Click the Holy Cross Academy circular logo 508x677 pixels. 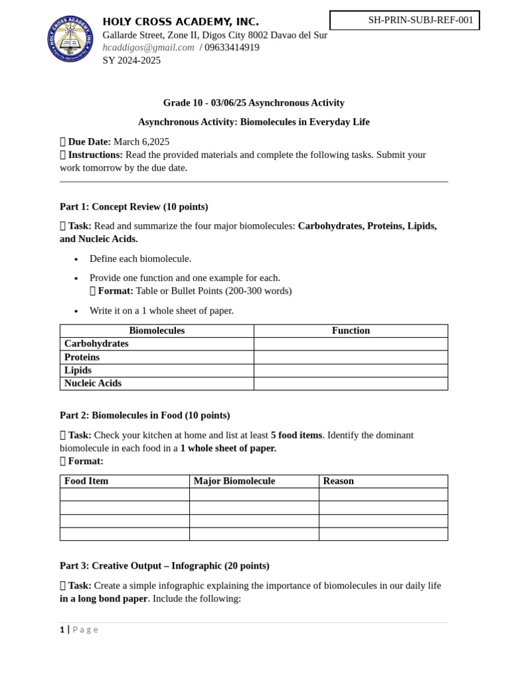pyautogui.click(x=70, y=39)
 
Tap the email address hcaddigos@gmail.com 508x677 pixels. pyautogui.click(x=148, y=48)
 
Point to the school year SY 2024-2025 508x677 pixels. pyautogui.click(x=131, y=60)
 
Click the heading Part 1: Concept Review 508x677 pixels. pyautogui.click(x=134, y=207)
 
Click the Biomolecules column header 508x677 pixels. pyautogui.click(x=157, y=331)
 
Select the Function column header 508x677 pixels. pyautogui.click(x=351, y=331)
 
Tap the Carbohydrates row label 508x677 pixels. pyautogui.click(x=97, y=344)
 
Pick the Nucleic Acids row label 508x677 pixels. pyautogui.click(x=93, y=383)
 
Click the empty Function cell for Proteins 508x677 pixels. pyautogui.click(x=351, y=357)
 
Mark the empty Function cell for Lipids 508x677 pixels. pyautogui.click(x=351, y=370)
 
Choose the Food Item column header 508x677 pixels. pyautogui.click(x=86, y=481)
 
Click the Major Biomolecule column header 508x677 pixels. pyautogui.click(x=234, y=481)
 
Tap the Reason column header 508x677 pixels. pyautogui.click(x=338, y=481)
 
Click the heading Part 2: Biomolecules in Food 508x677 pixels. pyautogui.click(x=145, y=415)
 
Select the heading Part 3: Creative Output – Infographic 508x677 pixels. pyautogui.click(x=164, y=566)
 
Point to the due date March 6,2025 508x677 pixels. pyautogui.click(x=141, y=141)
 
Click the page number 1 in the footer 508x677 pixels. pyautogui.click(x=62, y=629)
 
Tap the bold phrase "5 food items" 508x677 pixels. pyautogui.click(x=296, y=435)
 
